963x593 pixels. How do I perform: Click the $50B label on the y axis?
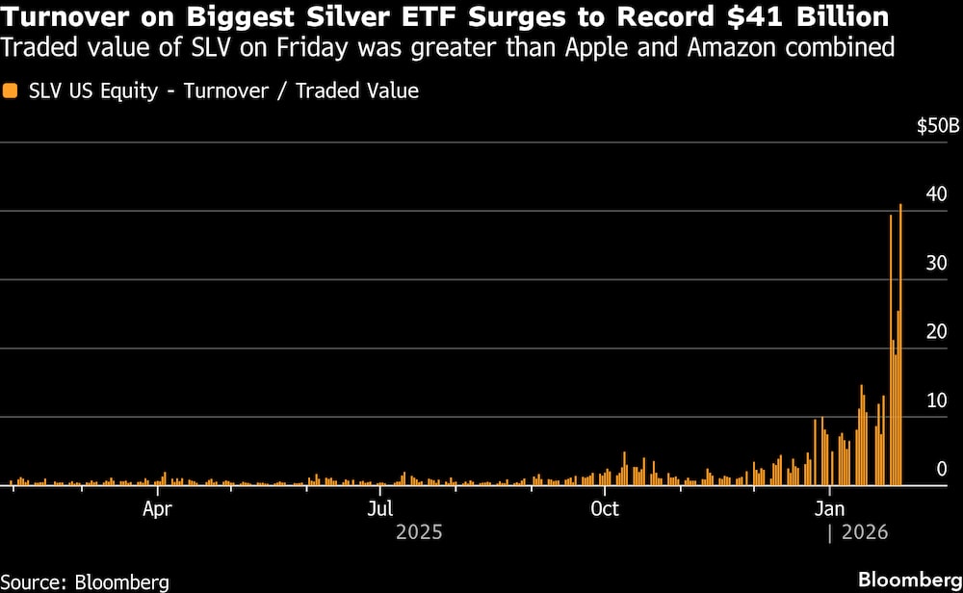click(x=937, y=126)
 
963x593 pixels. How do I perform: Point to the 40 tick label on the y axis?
click(x=935, y=195)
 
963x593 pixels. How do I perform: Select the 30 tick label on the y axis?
click(x=935, y=264)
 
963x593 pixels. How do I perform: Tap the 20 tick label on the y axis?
click(x=935, y=332)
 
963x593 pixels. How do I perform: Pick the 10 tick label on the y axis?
click(x=935, y=400)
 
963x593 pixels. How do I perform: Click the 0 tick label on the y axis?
click(x=942, y=469)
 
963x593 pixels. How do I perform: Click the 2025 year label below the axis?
click(x=419, y=531)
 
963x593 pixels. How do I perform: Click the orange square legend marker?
click(x=10, y=91)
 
